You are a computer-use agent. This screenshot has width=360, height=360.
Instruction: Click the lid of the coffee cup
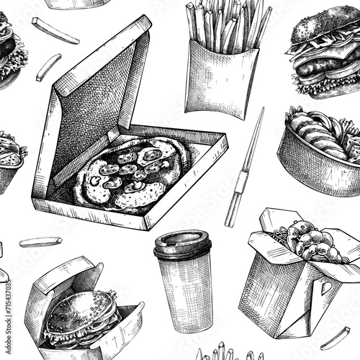click(182, 243)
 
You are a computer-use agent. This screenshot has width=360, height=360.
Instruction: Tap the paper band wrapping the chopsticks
click(242, 182)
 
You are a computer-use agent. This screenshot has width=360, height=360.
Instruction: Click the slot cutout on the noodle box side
click(326, 287)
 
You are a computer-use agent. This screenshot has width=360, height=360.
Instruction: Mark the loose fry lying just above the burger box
click(41, 242)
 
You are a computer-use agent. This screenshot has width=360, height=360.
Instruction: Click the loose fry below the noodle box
click(336, 339)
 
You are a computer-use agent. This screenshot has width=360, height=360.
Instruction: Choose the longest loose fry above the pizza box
click(55, 31)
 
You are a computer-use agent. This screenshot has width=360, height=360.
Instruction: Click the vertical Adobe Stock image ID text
click(9, 317)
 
